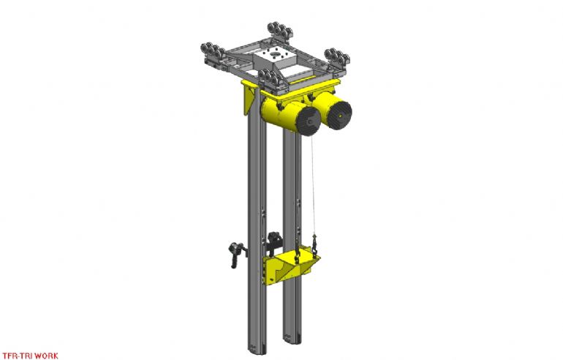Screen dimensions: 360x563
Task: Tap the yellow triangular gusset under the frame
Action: click(247, 99)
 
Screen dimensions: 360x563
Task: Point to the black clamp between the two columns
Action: click(275, 241)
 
